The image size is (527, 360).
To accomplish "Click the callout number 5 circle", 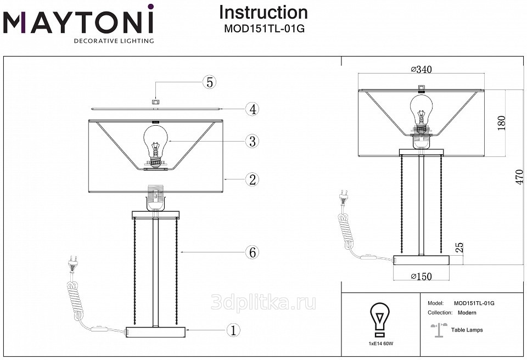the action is pos(210,82).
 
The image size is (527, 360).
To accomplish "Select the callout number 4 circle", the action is pos(252,109).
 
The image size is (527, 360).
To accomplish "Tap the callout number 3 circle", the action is pos(252,142).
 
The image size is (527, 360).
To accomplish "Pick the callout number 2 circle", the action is pos(252,180).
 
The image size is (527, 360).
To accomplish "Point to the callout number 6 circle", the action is pos(252,252).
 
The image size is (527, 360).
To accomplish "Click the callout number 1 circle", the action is pos(233,330).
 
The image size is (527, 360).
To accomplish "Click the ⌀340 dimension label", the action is pos(421,70).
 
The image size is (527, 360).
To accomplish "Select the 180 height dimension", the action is pos(501,123).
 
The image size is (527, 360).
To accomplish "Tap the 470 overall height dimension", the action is pos(519,177).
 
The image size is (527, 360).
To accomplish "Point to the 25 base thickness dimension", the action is pos(459,248).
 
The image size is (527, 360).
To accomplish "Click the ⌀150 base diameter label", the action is pos(421,276).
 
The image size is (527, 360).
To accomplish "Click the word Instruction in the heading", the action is pos(263,13).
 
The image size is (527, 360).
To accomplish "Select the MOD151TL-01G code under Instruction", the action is pos(264,29).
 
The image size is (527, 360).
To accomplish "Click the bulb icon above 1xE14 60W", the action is pos(380,319).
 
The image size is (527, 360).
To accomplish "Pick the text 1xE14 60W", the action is pos(380,344).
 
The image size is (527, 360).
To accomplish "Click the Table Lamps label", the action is pos(467,330).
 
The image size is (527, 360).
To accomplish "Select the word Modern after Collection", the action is pos(467,313).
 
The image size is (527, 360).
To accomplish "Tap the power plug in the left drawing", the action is pos(73,263).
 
